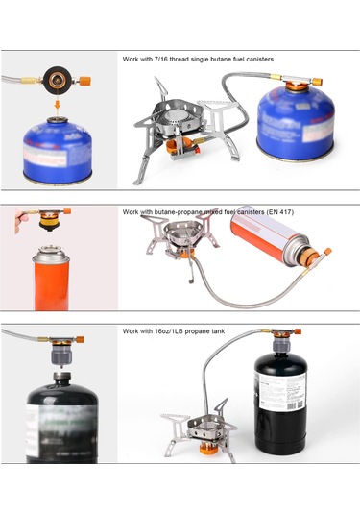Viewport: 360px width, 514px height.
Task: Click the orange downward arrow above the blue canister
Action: (59, 101)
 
